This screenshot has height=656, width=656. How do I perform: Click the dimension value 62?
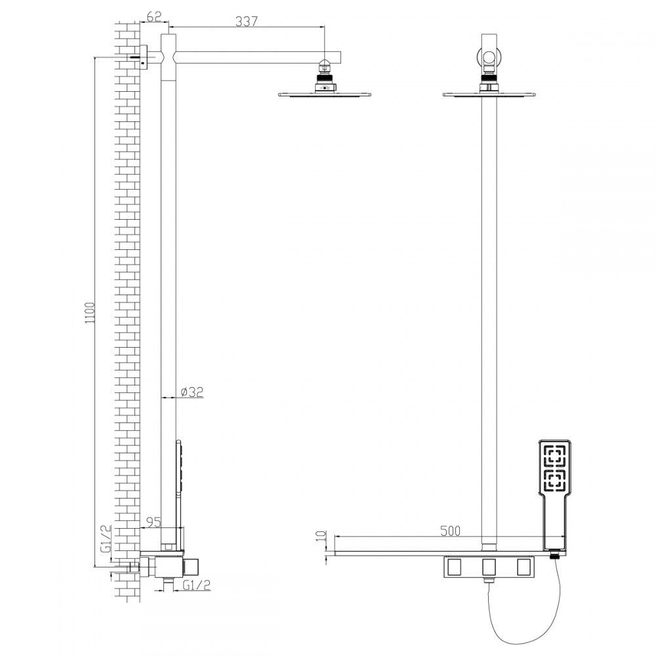(154, 16)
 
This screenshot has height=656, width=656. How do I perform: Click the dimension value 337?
(246, 21)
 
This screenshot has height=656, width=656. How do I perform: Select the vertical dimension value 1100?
(91, 313)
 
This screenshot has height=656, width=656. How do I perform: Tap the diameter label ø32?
(192, 392)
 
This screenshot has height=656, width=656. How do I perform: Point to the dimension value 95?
(154, 522)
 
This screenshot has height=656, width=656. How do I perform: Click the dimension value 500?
(450, 531)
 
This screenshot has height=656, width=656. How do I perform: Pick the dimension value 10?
(321, 536)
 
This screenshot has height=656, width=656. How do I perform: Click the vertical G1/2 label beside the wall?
(107, 539)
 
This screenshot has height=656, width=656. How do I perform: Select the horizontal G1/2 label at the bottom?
(197, 585)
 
